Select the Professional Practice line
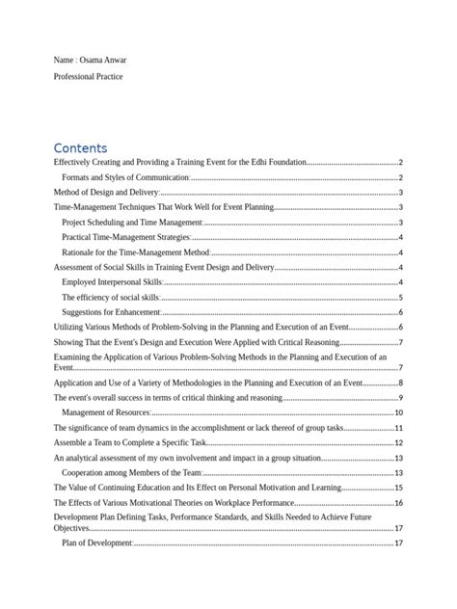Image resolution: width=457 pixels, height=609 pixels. click(89, 75)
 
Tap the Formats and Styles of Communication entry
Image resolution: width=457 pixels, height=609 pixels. click(125, 178)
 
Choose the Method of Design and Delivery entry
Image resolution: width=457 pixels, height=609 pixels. click(105, 193)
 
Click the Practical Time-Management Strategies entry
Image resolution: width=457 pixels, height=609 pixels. click(125, 237)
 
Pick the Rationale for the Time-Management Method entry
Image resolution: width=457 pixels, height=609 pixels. click(135, 252)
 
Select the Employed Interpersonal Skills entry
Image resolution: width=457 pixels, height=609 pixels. click(111, 282)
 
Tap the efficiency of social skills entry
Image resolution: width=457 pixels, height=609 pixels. click(109, 297)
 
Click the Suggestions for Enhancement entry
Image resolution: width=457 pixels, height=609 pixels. click(110, 312)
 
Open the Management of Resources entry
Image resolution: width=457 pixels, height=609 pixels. click(106, 412)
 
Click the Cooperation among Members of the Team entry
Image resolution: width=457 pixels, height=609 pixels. click(131, 472)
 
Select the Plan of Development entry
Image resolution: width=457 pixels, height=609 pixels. click(96, 543)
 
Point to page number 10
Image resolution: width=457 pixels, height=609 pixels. click(398, 412)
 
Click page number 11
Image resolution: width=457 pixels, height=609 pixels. click(398, 428)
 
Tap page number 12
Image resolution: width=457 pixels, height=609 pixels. click(398, 442)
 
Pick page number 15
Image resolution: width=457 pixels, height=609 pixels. click(398, 488)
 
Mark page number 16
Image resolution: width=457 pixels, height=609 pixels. click(398, 503)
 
